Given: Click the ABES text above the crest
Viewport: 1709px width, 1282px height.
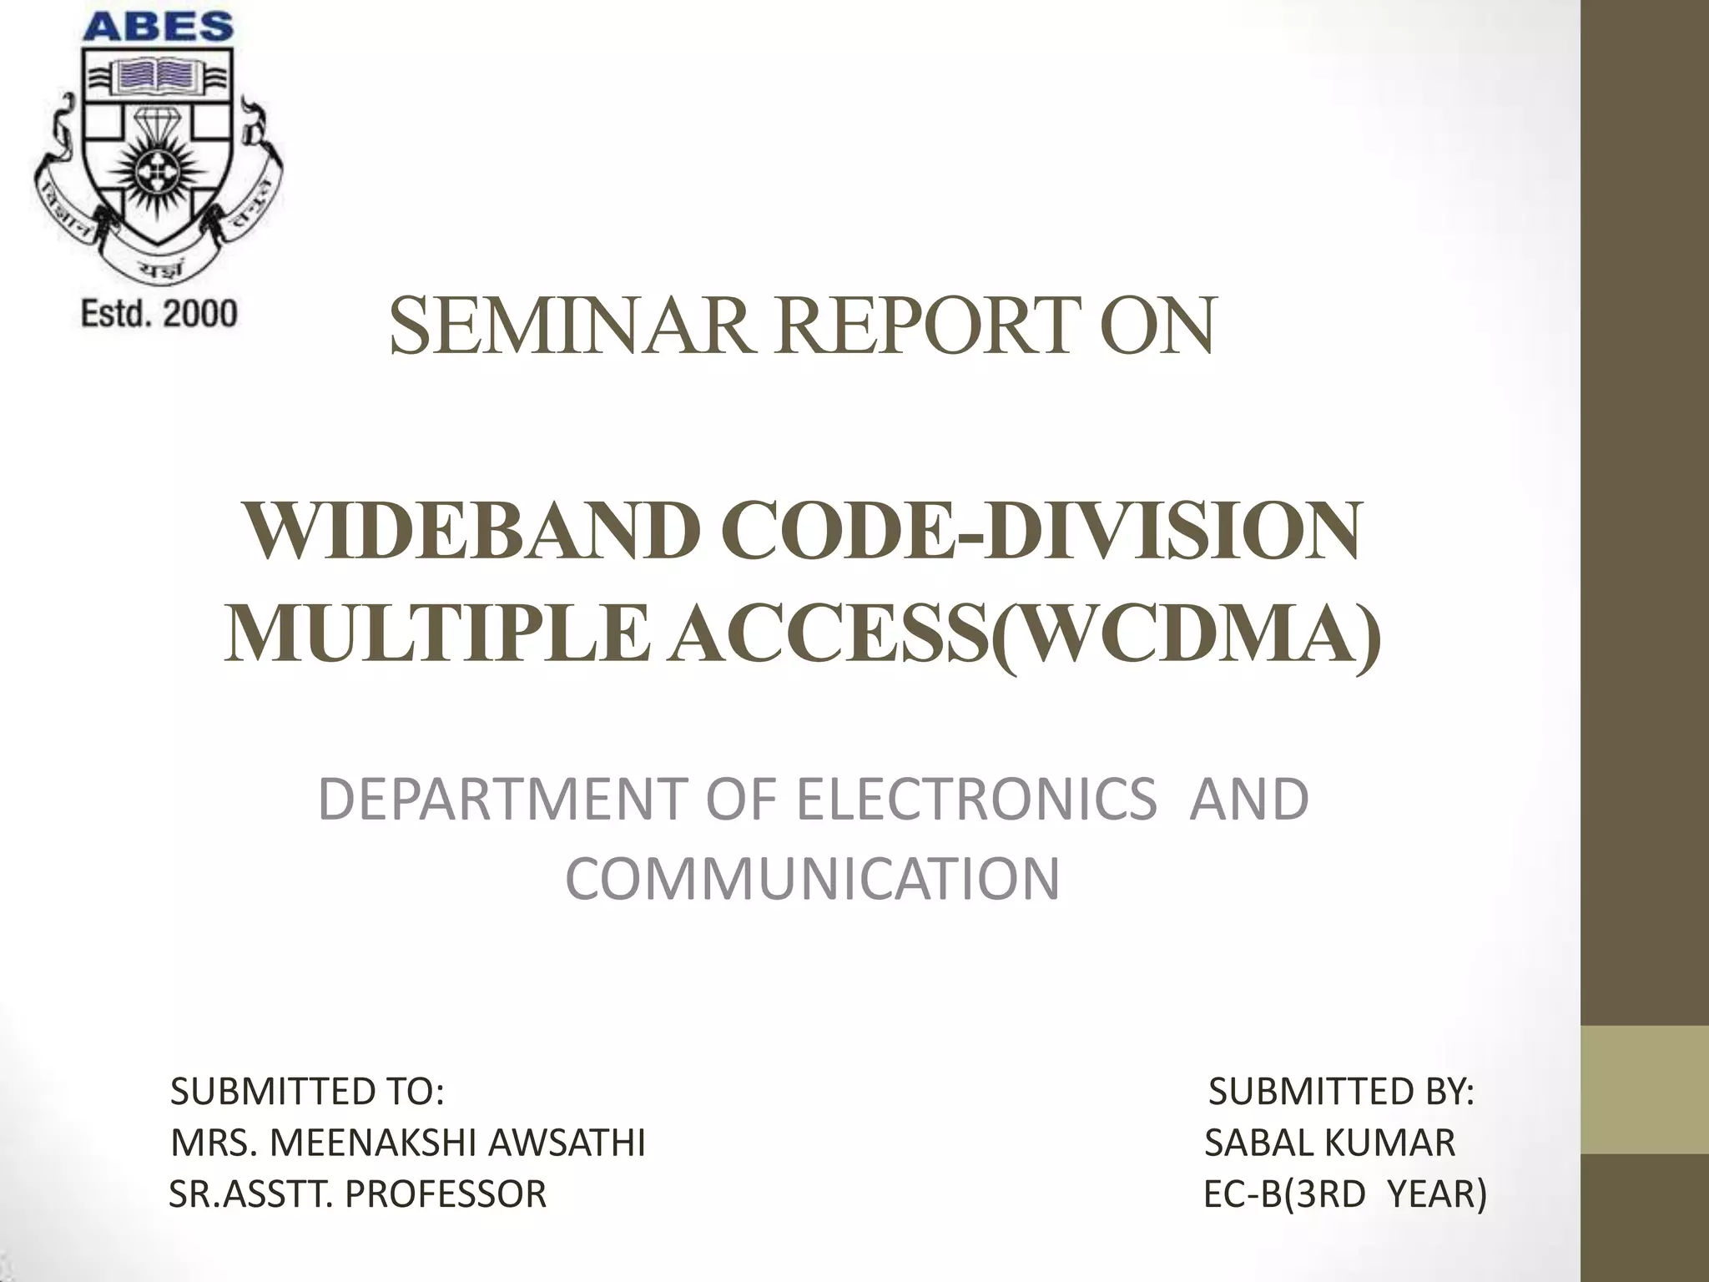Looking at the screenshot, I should point(159,27).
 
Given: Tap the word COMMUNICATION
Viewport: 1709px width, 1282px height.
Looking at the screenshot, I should point(812,879).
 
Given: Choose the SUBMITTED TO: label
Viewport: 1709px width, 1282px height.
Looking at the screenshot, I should point(307,1092).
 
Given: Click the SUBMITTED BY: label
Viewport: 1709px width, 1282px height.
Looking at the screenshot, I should point(1341,1092).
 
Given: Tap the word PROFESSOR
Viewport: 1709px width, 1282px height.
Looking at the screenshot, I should point(446,1194).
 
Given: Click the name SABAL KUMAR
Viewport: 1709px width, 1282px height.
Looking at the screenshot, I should point(1330,1143).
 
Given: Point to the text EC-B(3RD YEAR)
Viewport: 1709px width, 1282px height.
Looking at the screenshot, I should point(1345,1194).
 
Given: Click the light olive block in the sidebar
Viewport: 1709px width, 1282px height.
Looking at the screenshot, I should point(1645,1089).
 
